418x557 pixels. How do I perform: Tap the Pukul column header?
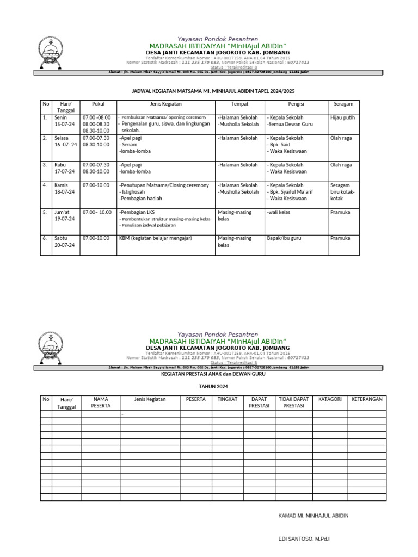pos(98,103)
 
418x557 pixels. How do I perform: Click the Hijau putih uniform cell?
pos(342,117)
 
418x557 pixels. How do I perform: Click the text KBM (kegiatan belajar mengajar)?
pos(156,238)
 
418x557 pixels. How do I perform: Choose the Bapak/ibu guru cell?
pos(284,238)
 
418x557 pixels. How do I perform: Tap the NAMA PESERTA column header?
pos(101,403)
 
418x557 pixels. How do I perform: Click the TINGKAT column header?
pos(227,399)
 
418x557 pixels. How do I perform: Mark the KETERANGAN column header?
pos(367,399)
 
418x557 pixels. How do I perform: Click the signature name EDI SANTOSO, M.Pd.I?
pos(304,539)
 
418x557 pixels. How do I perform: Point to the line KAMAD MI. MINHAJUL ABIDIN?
pos(313,515)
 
